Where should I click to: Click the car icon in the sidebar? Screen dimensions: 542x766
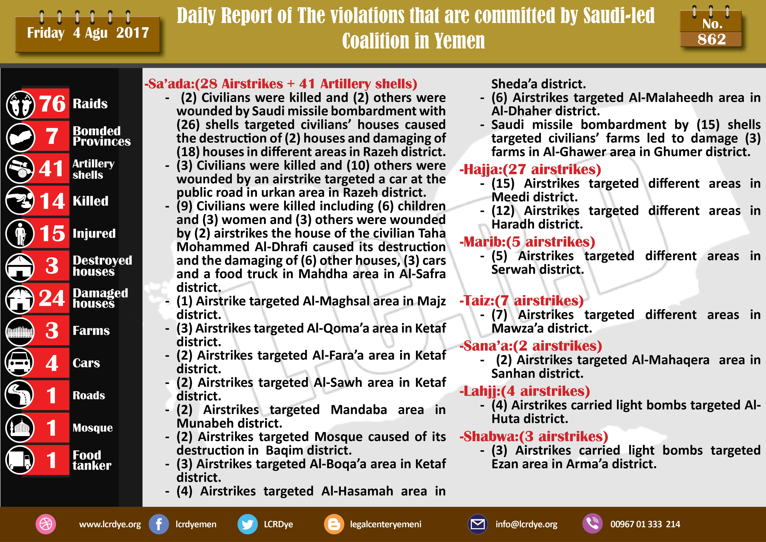click(x=20, y=362)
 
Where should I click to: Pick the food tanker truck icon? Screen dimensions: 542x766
click(x=20, y=460)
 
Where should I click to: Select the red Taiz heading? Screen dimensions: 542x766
click(x=521, y=301)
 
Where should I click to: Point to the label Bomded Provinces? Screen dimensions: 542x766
click(x=101, y=136)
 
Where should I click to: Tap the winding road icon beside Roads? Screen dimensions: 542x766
click(x=20, y=395)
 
